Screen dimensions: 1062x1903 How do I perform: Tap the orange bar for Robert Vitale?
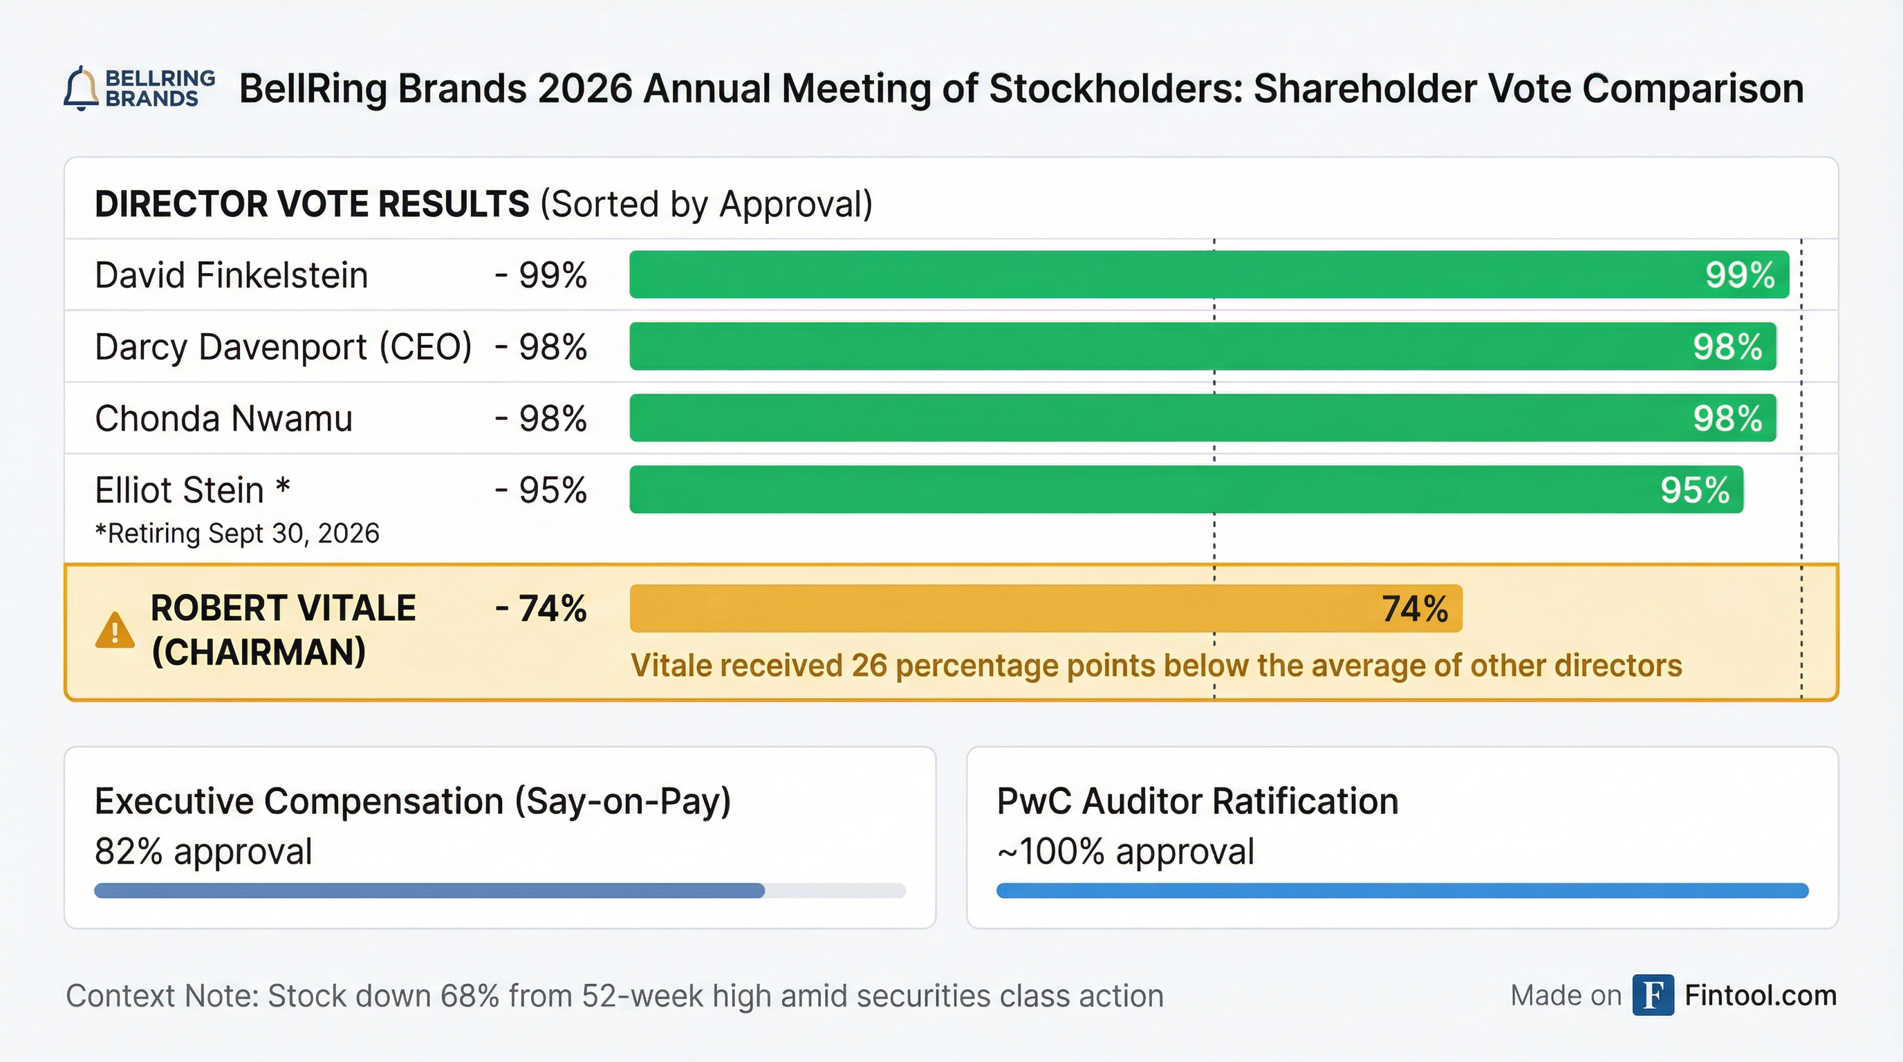tap(997, 608)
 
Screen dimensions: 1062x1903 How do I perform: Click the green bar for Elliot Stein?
tap(1108, 490)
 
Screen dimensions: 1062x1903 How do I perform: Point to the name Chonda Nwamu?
tap(224, 419)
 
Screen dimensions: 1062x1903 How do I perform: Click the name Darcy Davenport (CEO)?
tap(283, 347)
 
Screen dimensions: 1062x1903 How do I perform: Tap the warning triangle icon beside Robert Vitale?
tap(115, 631)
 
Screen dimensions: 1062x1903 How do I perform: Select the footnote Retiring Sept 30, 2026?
tap(237, 533)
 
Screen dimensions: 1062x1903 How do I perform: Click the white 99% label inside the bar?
tap(1740, 275)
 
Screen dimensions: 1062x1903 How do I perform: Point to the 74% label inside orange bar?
tap(1415, 609)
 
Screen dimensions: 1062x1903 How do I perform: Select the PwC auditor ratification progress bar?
tap(1402, 891)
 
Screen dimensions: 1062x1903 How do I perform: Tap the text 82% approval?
tap(203, 852)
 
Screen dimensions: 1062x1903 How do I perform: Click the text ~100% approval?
tap(1125, 852)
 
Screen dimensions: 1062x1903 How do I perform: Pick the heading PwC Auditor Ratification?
tap(1197, 801)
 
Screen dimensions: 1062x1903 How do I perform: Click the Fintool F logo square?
tap(1653, 996)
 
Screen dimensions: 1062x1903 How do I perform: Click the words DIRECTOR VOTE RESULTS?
tap(312, 204)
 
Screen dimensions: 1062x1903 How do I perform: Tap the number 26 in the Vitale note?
tap(869, 666)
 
